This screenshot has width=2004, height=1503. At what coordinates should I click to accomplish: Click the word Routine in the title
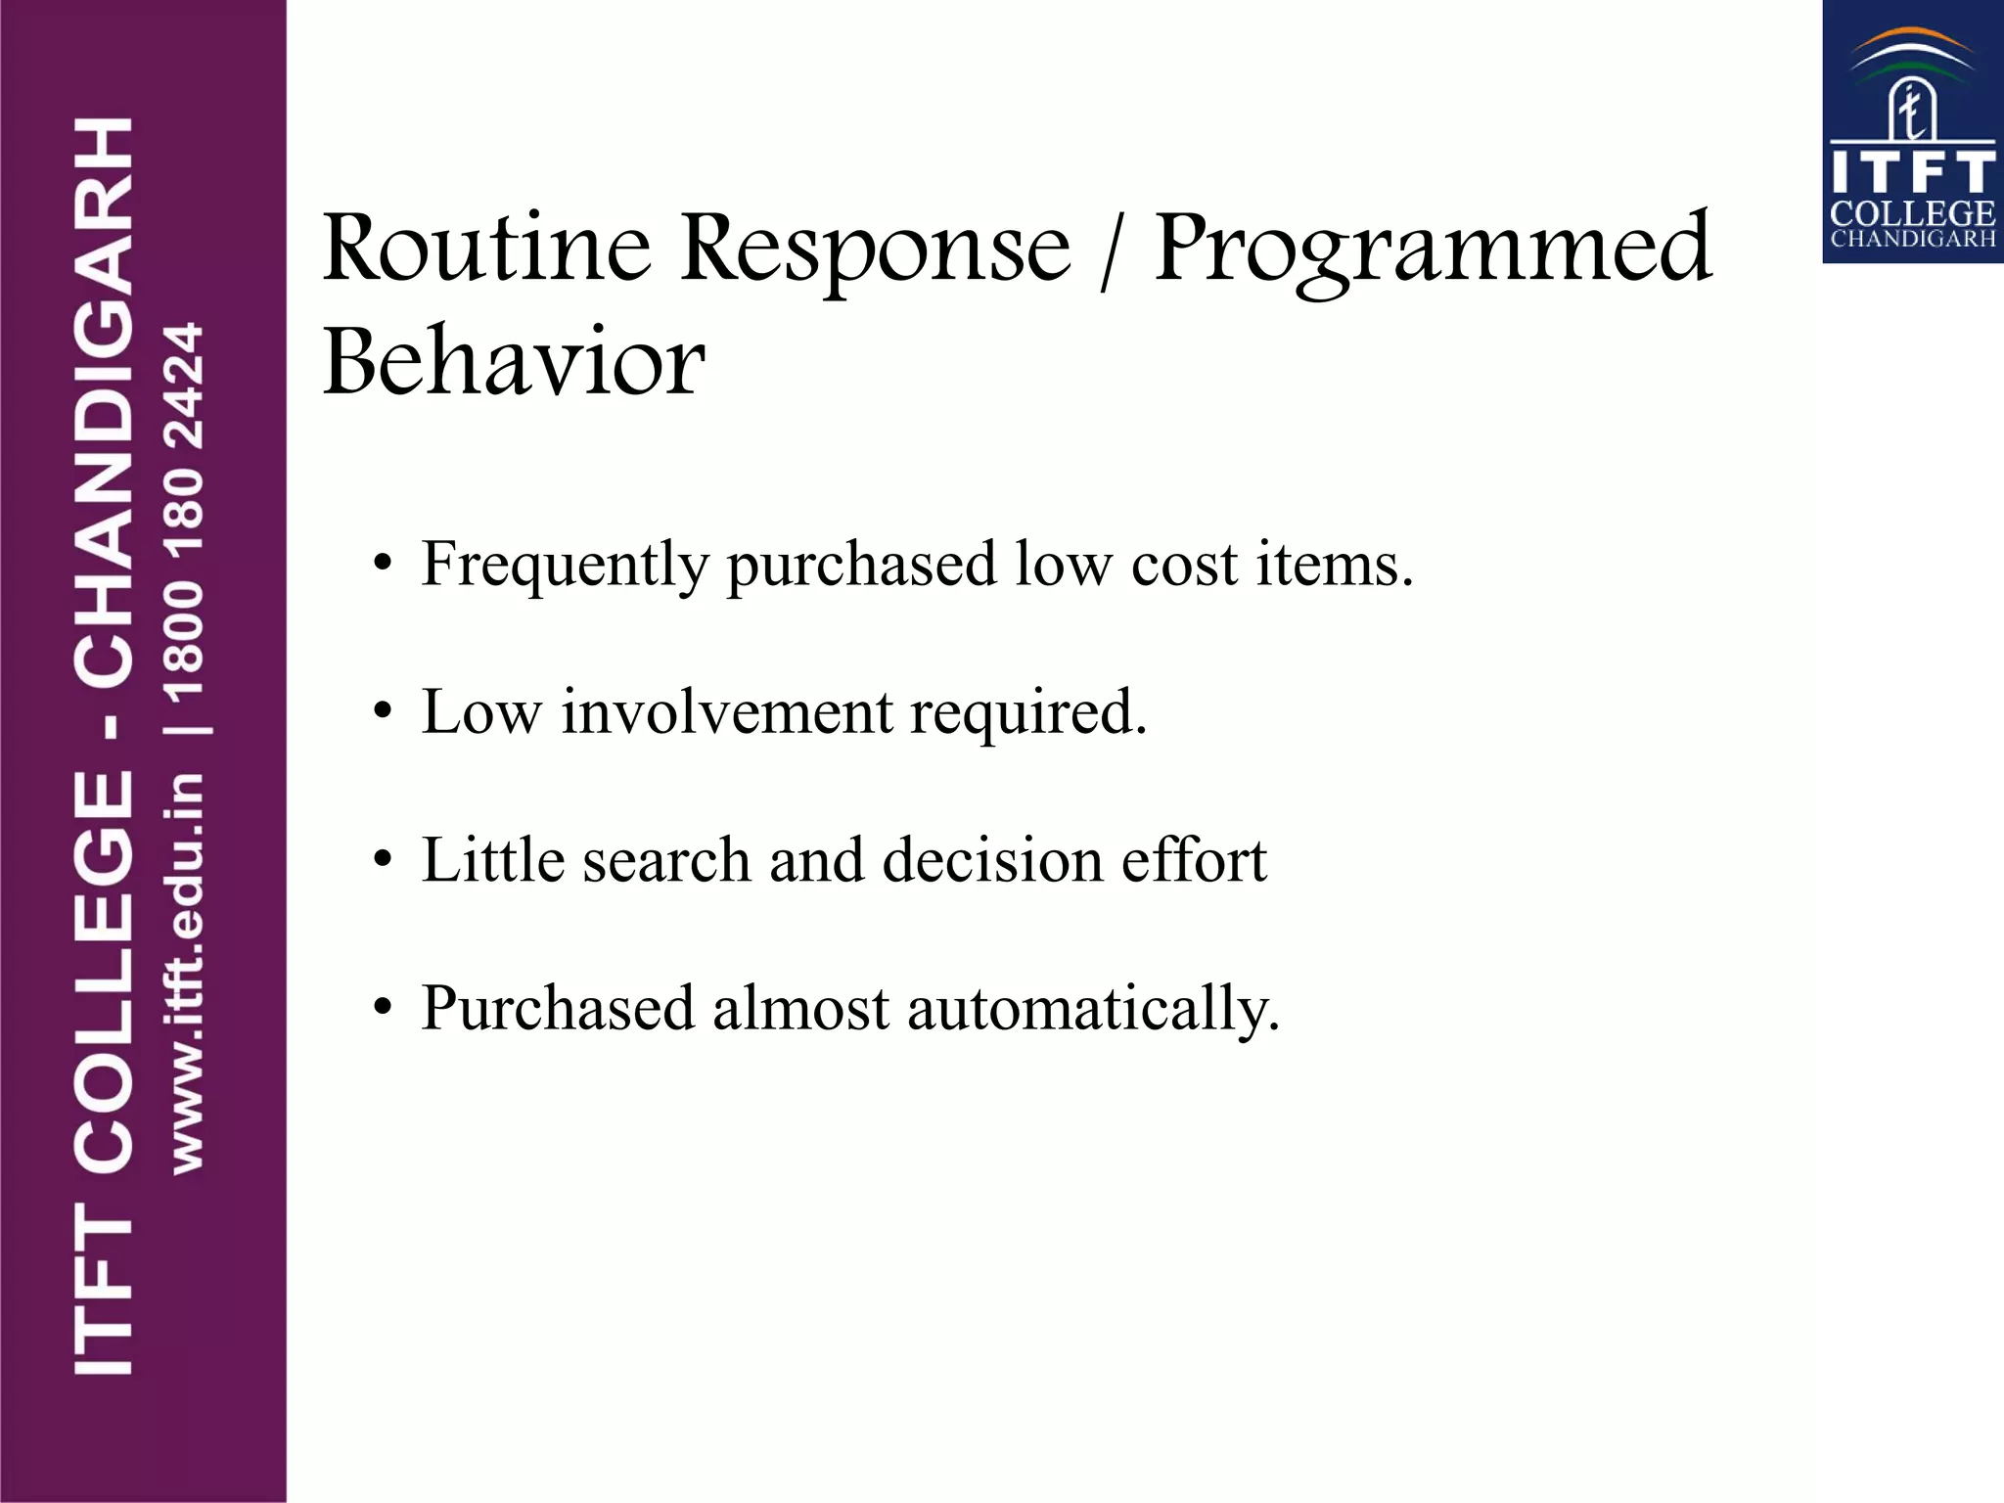click(486, 249)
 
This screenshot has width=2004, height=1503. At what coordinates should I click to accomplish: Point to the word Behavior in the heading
click(514, 362)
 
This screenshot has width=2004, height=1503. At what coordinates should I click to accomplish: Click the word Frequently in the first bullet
click(565, 566)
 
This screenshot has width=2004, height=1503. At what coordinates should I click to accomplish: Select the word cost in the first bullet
click(1184, 566)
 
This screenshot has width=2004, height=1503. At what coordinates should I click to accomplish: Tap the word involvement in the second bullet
click(726, 711)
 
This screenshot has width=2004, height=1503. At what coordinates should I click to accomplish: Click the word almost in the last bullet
click(800, 1008)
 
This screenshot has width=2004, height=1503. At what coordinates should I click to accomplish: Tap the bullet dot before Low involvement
click(383, 712)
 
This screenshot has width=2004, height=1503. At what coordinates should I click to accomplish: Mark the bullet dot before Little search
click(383, 861)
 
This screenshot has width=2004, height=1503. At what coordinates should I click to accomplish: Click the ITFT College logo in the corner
click(1912, 132)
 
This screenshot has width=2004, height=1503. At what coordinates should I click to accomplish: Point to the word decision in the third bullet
click(992, 860)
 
